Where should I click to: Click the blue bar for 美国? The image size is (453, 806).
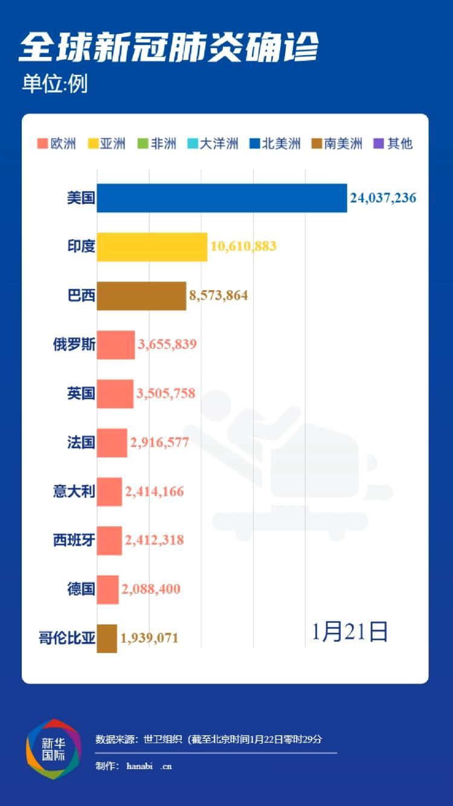click(222, 198)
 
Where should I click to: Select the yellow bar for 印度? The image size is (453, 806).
click(152, 247)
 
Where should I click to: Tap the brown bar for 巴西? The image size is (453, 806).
click(141, 296)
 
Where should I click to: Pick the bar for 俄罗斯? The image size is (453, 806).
click(115, 345)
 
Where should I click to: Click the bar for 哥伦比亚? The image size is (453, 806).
click(106, 638)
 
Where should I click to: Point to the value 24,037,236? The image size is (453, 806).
click(382, 198)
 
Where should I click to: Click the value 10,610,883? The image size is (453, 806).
click(243, 247)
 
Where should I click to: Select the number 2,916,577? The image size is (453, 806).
click(159, 442)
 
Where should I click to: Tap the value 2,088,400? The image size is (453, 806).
click(151, 589)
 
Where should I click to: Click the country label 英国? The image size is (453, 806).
click(81, 394)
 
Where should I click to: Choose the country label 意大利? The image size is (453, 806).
click(74, 491)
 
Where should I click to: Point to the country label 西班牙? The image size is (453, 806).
click(74, 540)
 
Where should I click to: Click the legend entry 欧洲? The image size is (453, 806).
click(57, 144)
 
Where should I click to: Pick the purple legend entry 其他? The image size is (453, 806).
click(394, 144)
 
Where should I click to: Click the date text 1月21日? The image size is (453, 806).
click(350, 632)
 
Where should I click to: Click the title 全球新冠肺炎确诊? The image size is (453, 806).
click(169, 48)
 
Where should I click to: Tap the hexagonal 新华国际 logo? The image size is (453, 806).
click(53, 749)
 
